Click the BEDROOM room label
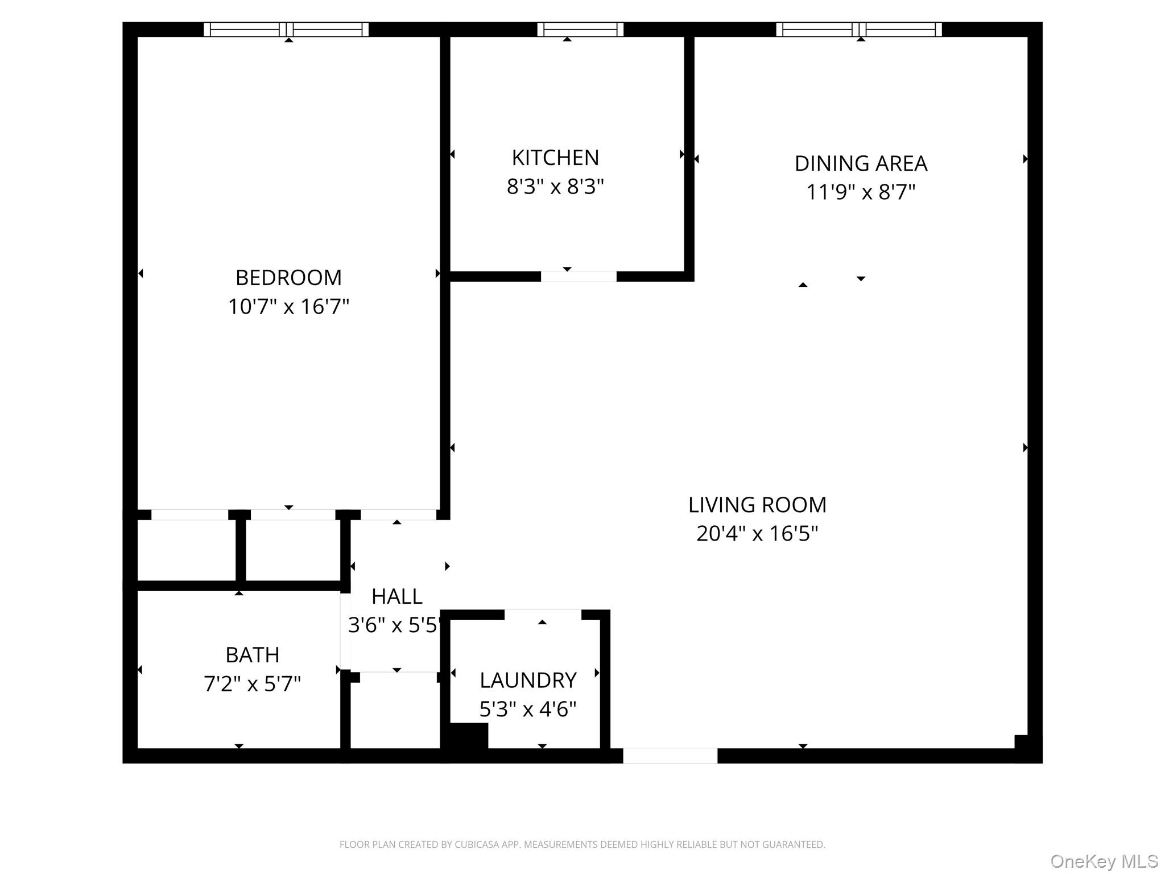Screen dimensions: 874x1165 (288, 278)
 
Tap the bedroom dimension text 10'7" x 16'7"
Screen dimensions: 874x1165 (288, 307)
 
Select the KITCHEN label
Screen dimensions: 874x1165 (555, 158)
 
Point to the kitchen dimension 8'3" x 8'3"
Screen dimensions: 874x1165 (555, 186)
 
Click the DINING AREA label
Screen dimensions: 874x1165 (861, 163)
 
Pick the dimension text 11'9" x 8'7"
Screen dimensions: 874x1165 (861, 192)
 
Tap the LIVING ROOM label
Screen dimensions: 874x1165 (757, 505)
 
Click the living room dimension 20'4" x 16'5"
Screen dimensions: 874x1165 (757, 534)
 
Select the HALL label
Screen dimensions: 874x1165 (396, 596)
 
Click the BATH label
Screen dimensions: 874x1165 (252, 655)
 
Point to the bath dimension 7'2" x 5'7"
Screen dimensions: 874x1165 (252, 683)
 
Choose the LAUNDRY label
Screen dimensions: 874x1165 (528, 681)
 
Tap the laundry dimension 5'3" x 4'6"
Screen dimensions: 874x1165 (528, 710)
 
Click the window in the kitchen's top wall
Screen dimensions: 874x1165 (580, 29)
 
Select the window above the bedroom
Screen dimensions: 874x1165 (286, 29)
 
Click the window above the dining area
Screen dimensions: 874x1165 (859, 29)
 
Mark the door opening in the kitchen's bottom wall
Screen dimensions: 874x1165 (579, 277)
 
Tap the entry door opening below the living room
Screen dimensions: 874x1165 (670, 756)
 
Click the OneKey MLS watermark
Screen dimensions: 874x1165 (1104, 861)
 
